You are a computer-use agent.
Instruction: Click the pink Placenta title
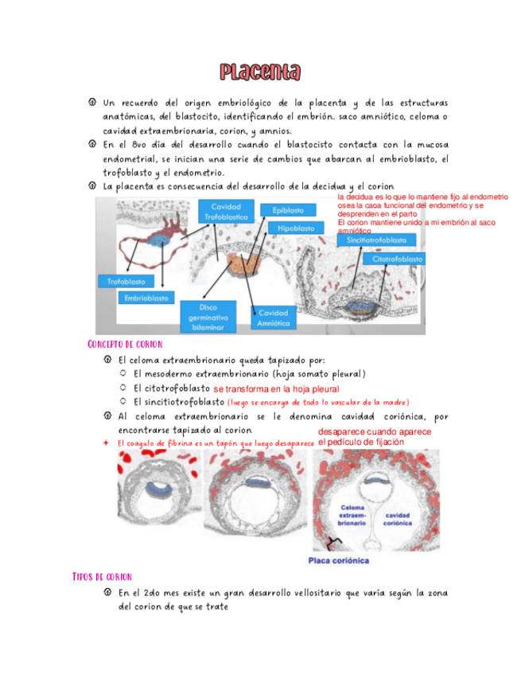(260, 73)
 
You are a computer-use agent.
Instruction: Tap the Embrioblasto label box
(146, 298)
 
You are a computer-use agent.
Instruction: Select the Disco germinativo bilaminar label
(207, 316)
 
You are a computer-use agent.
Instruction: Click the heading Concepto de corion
(123, 344)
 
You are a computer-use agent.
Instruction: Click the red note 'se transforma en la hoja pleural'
(276, 389)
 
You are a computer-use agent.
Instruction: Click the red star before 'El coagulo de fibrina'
(107, 443)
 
